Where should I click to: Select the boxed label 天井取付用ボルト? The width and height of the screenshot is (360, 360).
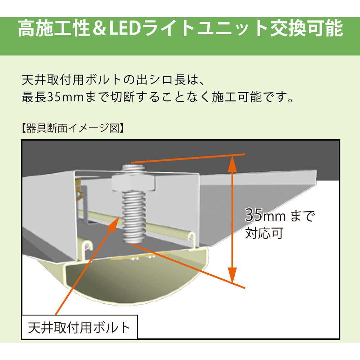[x=79, y=327]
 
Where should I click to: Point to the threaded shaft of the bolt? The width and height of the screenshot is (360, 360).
[x=134, y=216]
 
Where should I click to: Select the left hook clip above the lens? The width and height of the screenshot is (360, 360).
[x=87, y=247]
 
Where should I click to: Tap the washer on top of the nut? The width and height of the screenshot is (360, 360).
[x=134, y=168]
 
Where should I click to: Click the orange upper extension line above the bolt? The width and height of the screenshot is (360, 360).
[x=187, y=158]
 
